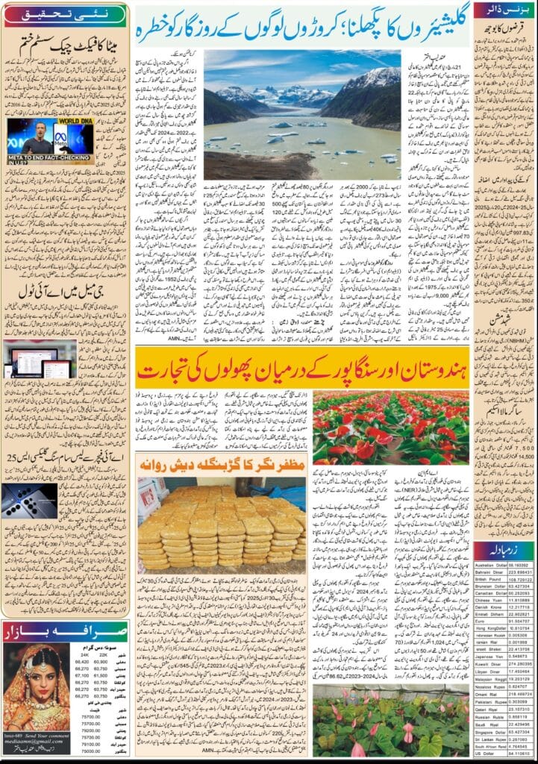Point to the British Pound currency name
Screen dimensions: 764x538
(489, 557)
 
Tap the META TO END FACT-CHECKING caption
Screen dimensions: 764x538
(41, 158)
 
